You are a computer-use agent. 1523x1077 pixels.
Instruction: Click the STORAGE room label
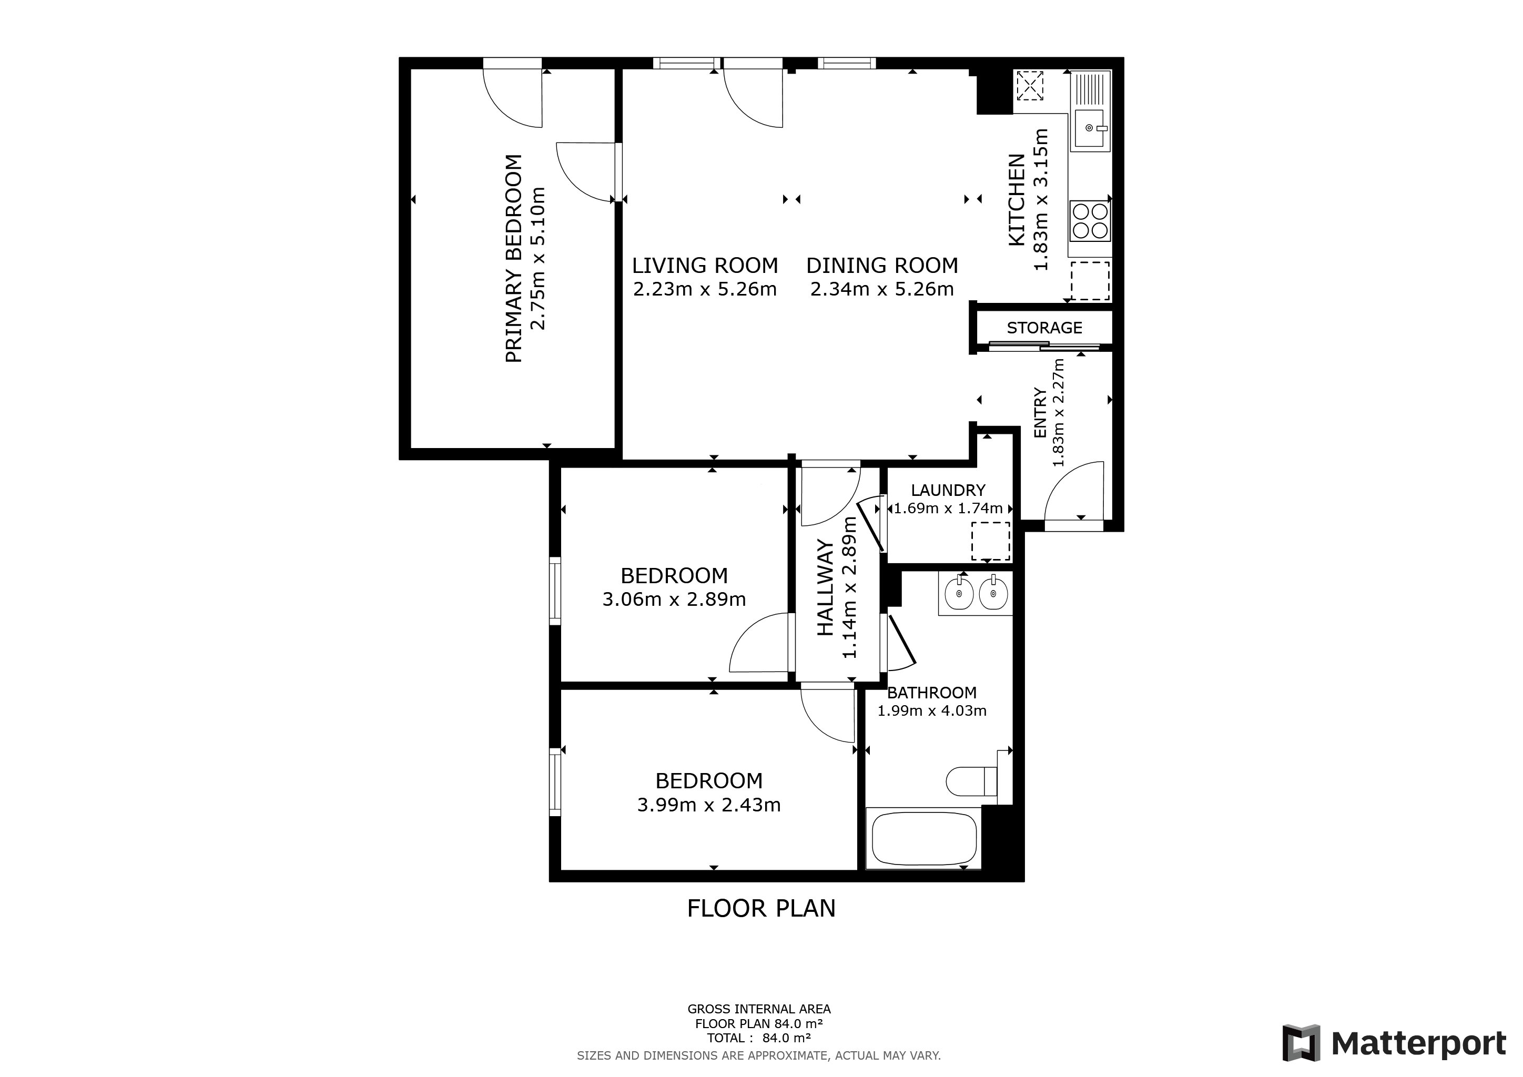[x=1044, y=328]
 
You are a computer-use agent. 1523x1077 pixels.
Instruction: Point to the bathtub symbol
[x=924, y=839]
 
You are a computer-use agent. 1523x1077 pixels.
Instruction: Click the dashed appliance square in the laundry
[x=990, y=541]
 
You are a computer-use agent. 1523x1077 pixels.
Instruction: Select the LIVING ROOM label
[x=705, y=265]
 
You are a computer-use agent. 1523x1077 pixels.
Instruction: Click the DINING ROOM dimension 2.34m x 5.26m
[x=881, y=289]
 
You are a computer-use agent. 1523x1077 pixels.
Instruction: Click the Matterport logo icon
[x=1301, y=1042]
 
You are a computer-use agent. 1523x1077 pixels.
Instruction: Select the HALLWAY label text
[x=825, y=587]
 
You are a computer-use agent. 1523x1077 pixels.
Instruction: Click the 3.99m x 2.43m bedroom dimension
[x=708, y=805]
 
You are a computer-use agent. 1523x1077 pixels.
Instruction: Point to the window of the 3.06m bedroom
[x=555, y=590]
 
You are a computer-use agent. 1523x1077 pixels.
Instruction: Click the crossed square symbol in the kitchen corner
[x=1030, y=86]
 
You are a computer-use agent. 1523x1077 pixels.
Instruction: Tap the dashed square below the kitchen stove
[x=1090, y=280]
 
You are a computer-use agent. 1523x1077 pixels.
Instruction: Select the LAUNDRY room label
[x=948, y=490]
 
